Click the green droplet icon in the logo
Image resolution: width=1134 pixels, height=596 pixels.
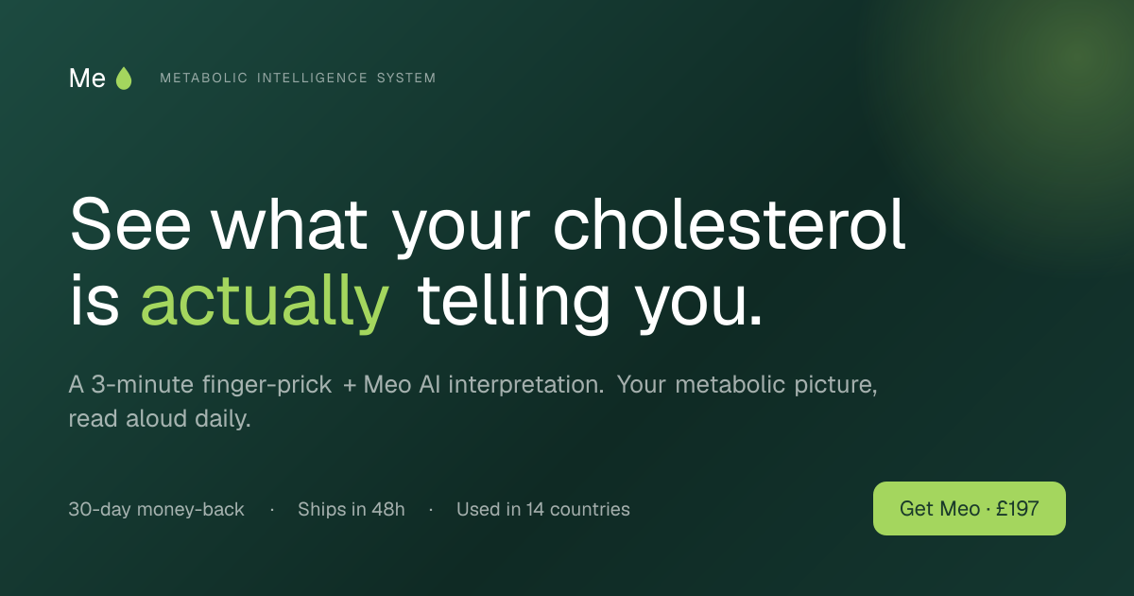tap(124, 79)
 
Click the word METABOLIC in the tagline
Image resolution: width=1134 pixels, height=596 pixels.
tap(203, 78)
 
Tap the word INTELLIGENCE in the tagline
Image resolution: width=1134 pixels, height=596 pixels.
tap(313, 78)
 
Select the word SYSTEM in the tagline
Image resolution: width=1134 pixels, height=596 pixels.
tap(406, 78)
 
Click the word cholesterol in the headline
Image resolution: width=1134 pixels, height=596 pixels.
tap(730, 224)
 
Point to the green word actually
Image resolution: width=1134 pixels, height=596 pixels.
tap(266, 303)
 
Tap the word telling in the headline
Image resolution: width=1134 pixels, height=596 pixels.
tap(513, 303)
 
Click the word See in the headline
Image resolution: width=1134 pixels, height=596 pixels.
tap(130, 224)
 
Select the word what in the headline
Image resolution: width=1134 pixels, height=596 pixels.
tap(289, 224)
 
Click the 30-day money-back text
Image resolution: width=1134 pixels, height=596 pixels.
tap(157, 509)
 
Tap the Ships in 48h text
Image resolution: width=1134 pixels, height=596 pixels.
tap(352, 509)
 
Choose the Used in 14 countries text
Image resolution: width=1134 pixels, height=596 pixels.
tap(543, 509)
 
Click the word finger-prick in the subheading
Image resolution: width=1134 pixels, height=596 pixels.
tap(266, 385)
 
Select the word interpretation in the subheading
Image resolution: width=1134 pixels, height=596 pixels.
tap(526, 385)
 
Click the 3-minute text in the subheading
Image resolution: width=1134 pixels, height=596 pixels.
tap(143, 385)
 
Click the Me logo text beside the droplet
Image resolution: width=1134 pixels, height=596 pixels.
tap(87, 79)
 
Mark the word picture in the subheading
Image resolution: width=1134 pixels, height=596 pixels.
tap(835, 385)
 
